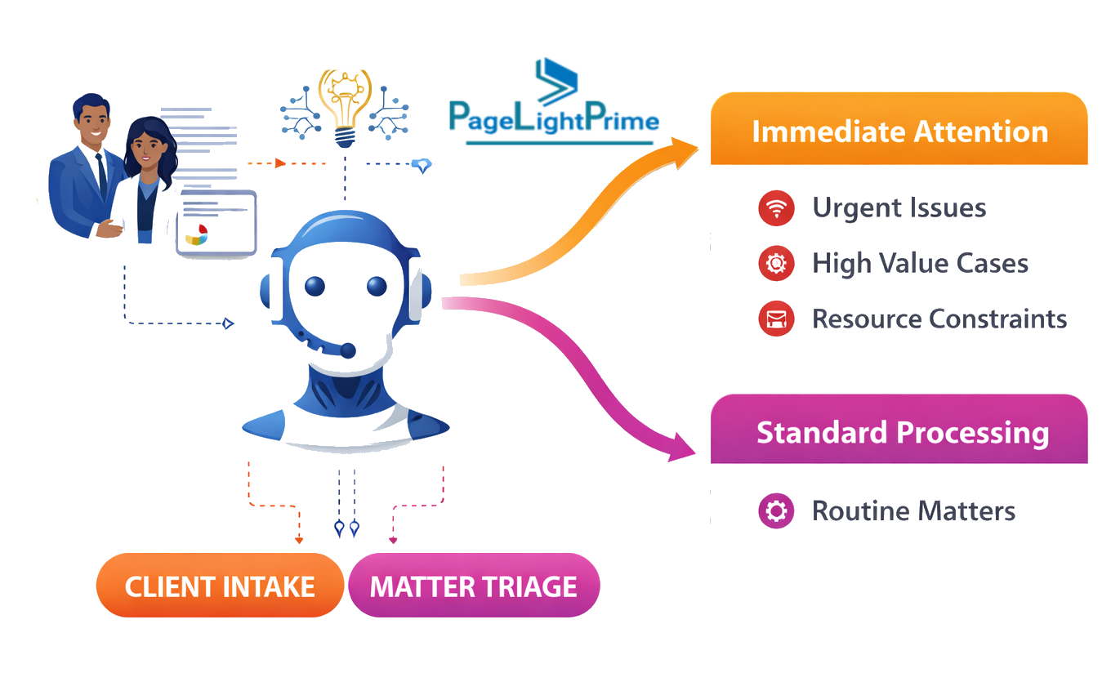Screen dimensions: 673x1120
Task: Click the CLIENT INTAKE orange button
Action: (x=220, y=586)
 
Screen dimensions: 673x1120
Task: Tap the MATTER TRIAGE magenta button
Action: (x=473, y=586)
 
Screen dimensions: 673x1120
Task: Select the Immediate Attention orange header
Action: (x=899, y=131)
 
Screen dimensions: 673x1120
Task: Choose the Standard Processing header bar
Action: (x=899, y=431)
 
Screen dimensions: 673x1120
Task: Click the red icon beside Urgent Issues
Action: (x=776, y=208)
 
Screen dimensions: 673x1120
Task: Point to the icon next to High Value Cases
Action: (x=776, y=264)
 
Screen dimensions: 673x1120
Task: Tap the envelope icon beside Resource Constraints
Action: (x=776, y=319)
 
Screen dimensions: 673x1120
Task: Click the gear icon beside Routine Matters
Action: (x=776, y=511)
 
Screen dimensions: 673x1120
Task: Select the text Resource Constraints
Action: (x=939, y=319)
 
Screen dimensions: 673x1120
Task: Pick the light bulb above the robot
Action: (x=344, y=106)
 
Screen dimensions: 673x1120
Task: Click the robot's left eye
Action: (x=315, y=286)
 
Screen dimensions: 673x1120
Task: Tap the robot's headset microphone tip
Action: (x=348, y=350)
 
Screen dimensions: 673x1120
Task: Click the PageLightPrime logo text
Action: (x=554, y=120)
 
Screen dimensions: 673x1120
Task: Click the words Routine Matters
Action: (x=913, y=511)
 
